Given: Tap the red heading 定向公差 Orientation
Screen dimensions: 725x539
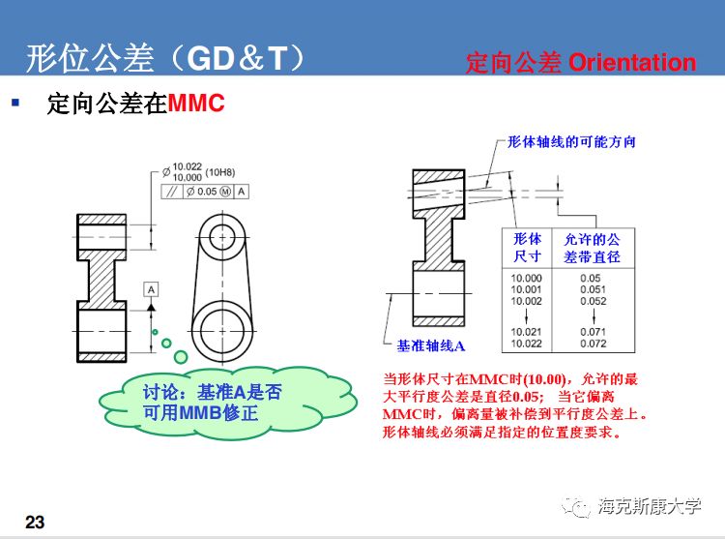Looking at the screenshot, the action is [x=580, y=63].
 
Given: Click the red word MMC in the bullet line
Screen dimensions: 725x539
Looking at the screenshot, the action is [x=196, y=103].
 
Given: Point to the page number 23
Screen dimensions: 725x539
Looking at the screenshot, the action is [x=35, y=523].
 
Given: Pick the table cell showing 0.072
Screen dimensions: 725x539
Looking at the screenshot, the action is [x=593, y=344].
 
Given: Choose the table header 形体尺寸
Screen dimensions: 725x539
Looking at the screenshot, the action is [x=527, y=248].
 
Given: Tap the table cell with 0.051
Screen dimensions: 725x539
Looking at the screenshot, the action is [x=593, y=289].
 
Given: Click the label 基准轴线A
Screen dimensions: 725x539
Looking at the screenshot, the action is [x=431, y=345].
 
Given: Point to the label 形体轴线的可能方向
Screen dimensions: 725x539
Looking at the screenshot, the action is [x=571, y=142].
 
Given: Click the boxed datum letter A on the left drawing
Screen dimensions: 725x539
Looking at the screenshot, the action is [x=152, y=288].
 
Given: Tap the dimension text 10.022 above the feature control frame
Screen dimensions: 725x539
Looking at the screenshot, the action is [x=190, y=166].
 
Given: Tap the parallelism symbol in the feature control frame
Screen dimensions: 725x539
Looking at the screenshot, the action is [x=170, y=191].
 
